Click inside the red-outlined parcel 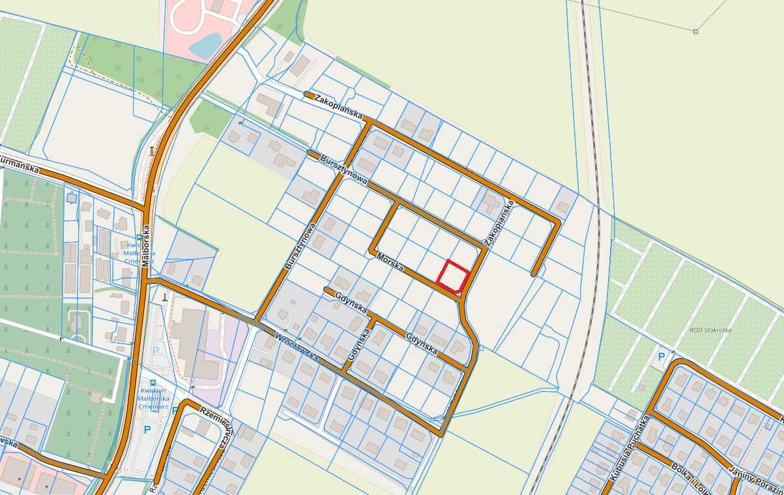click(x=453, y=276)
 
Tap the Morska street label click(x=390, y=263)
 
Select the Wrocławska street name click(x=297, y=348)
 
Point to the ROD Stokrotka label click(x=710, y=330)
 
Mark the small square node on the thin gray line click(x=695, y=31)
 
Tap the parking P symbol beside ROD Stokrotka click(x=661, y=357)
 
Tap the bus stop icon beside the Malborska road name click(x=139, y=238)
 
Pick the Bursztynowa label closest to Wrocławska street click(x=300, y=246)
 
